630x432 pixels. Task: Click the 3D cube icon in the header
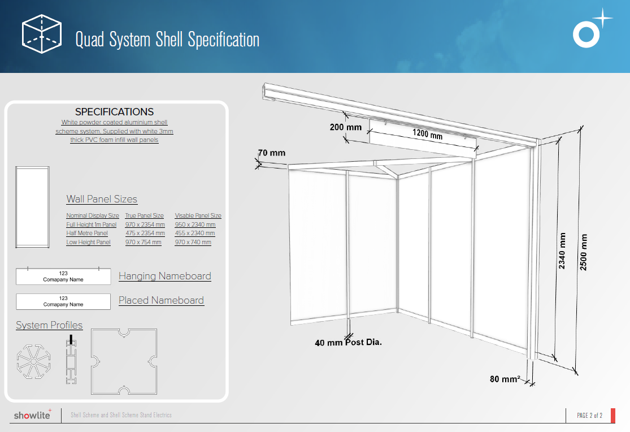(x=42, y=34)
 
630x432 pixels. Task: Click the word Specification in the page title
(x=223, y=40)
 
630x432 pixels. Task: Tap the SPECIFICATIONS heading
(x=115, y=112)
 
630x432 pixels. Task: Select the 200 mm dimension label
(x=346, y=127)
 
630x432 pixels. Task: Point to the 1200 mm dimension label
(x=428, y=133)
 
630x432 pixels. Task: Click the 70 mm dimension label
(x=272, y=153)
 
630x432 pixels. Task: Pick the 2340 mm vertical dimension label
(x=562, y=250)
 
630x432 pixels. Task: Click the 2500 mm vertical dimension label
(x=584, y=252)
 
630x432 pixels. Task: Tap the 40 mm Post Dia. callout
(x=349, y=342)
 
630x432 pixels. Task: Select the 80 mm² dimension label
(x=505, y=379)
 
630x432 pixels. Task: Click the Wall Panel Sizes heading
(x=102, y=199)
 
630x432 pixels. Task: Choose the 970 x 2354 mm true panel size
(x=145, y=224)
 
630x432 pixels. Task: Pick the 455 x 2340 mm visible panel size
(x=195, y=233)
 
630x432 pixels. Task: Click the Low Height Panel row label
(x=88, y=242)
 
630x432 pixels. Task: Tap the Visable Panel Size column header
(x=198, y=215)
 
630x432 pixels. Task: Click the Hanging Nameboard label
(x=165, y=276)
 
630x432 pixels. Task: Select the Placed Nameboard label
(x=161, y=300)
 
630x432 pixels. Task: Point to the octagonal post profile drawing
(x=34, y=362)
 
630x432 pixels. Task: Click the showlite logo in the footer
(x=33, y=414)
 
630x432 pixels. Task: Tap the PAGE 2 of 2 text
(x=589, y=416)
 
